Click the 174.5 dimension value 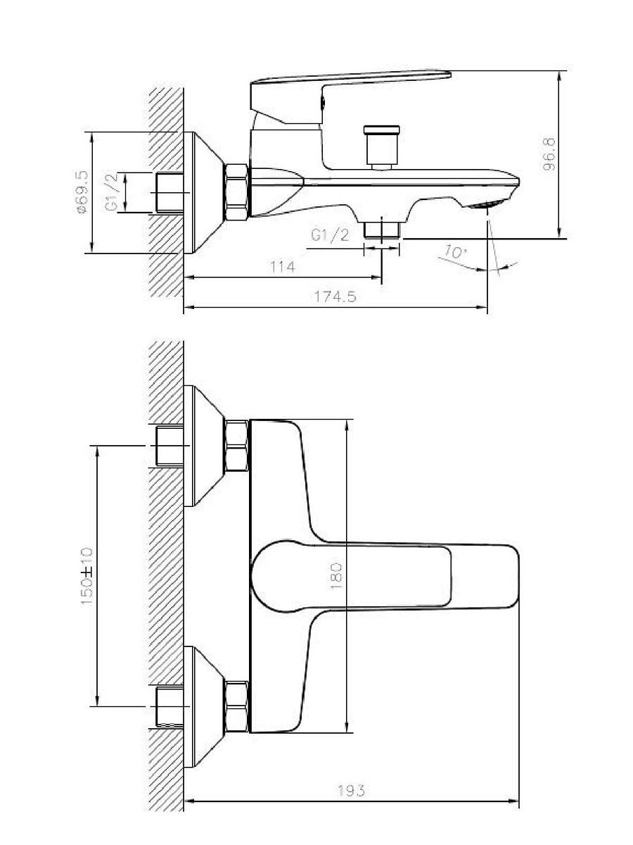pyautogui.click(x=335, y=296)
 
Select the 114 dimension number pyautogui.click(x=283, y=266)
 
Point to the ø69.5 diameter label pyautogui.click(x=82, y=192)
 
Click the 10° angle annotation pyautogui.click(x=456, y=252)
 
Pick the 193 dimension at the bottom pyautogui.click(x=351, y=791)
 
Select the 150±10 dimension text pyautogui.click(x=87, y=576)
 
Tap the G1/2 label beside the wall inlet pyautogui.click(x=111, y=192)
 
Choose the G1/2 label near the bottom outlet pyautogui.click(x=331, y=234)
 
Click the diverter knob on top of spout pyautogui.click(x=382, y=147)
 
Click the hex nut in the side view pyautogui.click(x=237, y=192)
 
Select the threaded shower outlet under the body pyautogui.click(x=382, y=230)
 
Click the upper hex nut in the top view pyautogui.click(x=236, y=446)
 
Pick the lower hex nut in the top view pyautogui.click(x=236, y=706)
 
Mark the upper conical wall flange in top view pyautogui.click(x=204, y=446)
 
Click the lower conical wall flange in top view pyautogui.click(x=204, y=706)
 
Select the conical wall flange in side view pyautogui.click(x=204, y=192)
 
